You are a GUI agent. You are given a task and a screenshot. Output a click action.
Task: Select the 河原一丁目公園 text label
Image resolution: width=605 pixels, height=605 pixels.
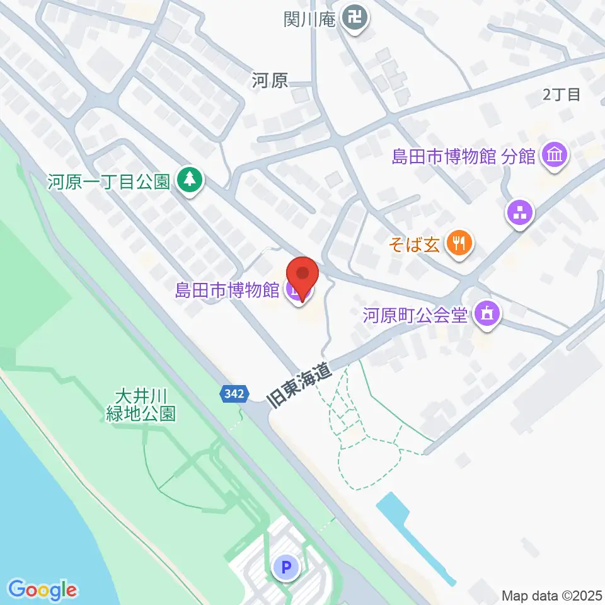click(109, 182)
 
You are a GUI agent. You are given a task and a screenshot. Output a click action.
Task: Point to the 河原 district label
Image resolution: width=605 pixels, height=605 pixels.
click(270, 80)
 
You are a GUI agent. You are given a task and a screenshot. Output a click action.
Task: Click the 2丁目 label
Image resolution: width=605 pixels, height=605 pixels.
click(561, 95)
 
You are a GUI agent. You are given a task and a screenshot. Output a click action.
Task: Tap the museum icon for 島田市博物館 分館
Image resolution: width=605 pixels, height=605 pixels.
click(555, 155)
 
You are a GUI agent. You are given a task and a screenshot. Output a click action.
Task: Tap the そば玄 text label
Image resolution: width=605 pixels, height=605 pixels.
click(422, 243)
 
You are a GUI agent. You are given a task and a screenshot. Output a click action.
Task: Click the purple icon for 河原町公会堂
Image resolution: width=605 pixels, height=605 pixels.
click(487, 313)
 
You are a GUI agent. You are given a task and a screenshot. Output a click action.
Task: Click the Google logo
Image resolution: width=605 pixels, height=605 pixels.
click(43, 590)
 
